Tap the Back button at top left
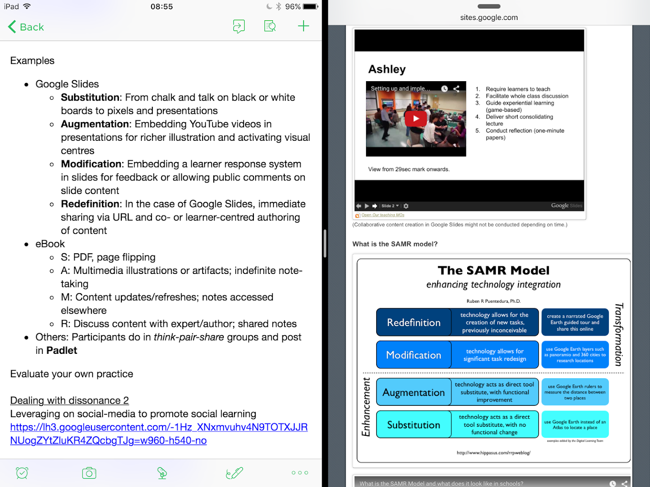click(x=26, y=27)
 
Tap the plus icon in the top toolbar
click(x=303, y=26)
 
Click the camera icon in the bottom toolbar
click(x=89, y=473)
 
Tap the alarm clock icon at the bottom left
click(x=22, y=473)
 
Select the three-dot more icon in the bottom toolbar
click(x=300, y=473)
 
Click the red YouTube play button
click(x=416, y=119)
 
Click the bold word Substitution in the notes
click(x=90, y=98)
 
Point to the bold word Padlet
click(x=62, y=350)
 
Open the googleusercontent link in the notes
click(x=159, y=434)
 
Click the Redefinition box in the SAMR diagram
click(x=414, y=323)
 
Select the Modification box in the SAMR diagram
click(x=414, y=355)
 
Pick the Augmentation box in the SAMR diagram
click(x=414, y=392)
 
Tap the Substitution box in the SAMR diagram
click(x=414, y=425)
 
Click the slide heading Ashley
click(x=387, y=69)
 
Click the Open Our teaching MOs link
click(x=383, y=215)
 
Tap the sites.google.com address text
click(x=489, y=18)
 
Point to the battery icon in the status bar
click(x=310, y=7)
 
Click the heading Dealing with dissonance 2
click(x=69, y=400)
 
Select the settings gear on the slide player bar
click(x=406, y=206)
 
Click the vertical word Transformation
click(x=619, y=334)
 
